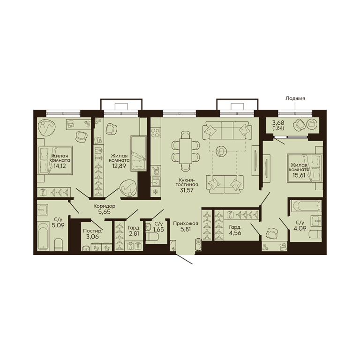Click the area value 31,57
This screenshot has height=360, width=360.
click(187, 190)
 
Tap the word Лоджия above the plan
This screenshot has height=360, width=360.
click(295, 98)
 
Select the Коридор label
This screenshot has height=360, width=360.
click(104, 206)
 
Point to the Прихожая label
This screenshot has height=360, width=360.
click(186, 223)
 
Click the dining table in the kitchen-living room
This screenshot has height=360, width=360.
click(186, 151)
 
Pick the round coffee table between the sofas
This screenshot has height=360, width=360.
click(221, 151)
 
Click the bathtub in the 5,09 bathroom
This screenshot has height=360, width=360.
click(44, 235)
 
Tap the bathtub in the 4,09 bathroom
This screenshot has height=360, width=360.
click(306, 206)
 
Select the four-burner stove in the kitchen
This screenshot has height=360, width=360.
click(156, 133)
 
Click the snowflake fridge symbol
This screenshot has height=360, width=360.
click(156, 191)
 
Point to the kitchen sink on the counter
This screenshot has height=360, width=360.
click(156, 181)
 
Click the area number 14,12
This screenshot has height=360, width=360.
click(60, 166)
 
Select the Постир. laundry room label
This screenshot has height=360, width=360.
click(92, 231)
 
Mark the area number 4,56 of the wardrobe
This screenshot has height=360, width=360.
click(235, 233)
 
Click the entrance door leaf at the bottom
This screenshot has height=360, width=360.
click(184, 259)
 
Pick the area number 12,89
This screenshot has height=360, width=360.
click(119, 166)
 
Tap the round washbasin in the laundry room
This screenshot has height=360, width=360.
click(86, 248)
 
